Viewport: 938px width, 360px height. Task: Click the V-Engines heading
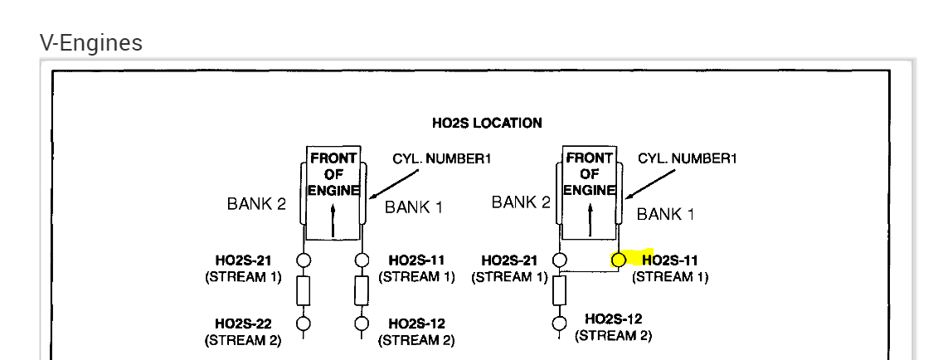[90, 42]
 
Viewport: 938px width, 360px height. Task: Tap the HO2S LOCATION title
[487, 123]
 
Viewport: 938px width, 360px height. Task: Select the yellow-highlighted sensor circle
[618, 260]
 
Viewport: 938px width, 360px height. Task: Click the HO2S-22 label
[243, 324]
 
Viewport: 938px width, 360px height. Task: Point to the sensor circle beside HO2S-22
[304, 324]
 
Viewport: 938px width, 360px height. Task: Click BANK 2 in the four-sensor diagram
[256, 204]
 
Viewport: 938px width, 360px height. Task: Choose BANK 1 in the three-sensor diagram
[665, 214]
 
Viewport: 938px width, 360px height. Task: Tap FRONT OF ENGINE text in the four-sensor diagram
[333, 174]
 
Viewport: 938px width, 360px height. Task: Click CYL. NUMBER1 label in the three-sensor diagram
[687, 158]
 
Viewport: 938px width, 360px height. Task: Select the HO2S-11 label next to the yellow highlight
[670, 260]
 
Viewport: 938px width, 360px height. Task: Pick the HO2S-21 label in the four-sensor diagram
[243, 260]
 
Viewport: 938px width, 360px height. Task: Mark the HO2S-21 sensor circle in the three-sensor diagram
[560, 260]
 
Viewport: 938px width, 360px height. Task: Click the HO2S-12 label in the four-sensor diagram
[416, 324]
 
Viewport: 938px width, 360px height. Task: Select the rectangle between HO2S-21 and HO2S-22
[304, 291]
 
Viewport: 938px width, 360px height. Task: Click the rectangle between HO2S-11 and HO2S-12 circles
[362, 291]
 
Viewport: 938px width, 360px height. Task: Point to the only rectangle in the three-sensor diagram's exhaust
[560, 291]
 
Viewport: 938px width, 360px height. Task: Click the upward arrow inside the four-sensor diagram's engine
[333, 220]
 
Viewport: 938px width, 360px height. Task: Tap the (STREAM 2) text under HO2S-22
[243, 340]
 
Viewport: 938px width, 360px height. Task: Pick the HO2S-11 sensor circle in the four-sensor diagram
[362, 260]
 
